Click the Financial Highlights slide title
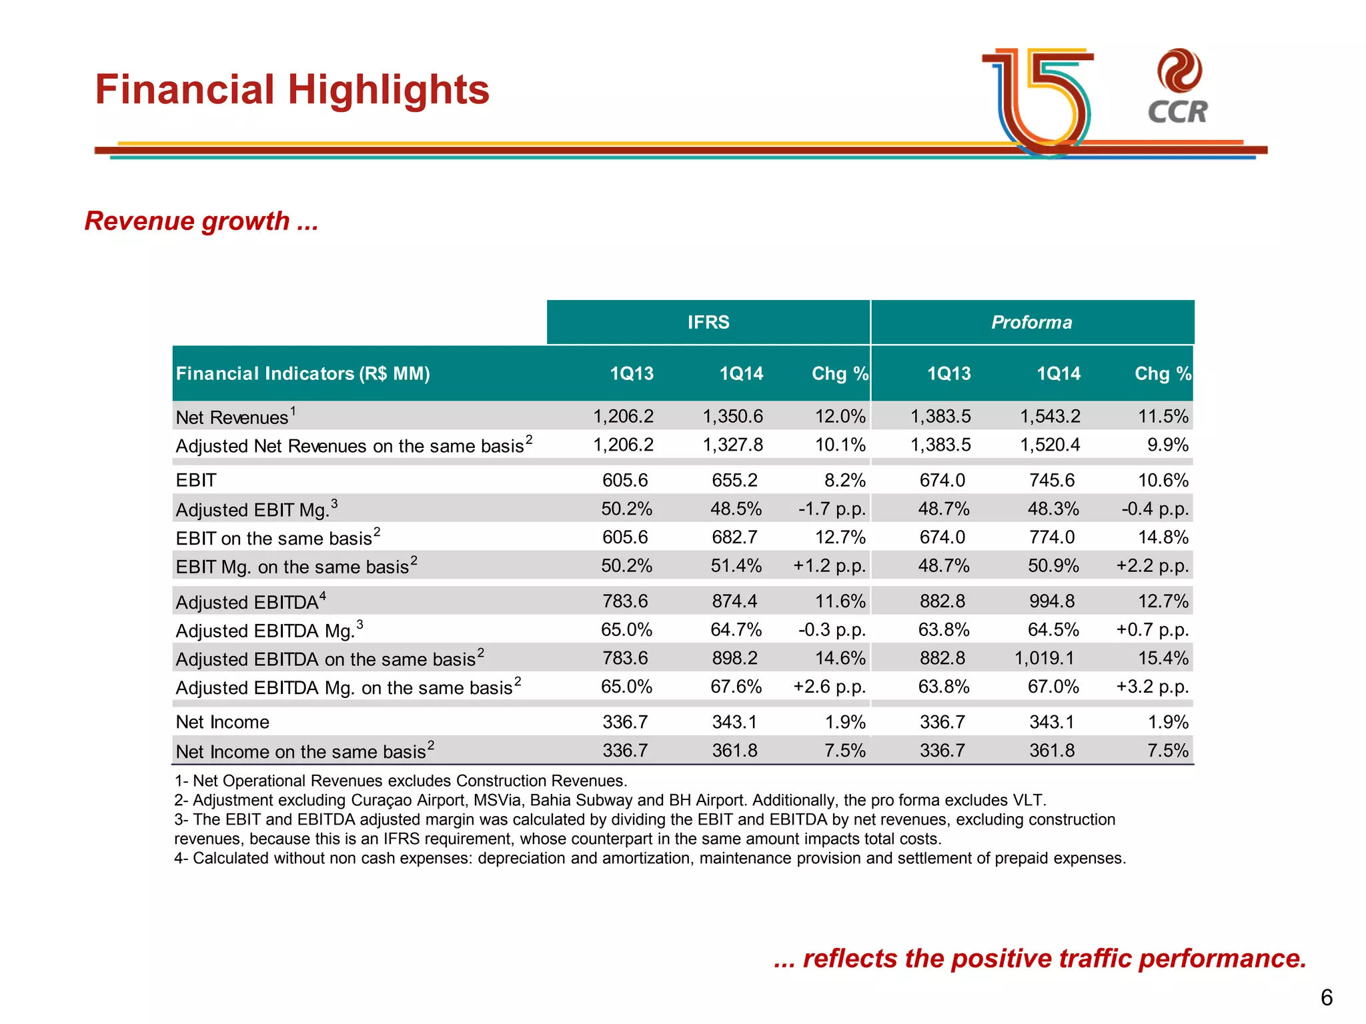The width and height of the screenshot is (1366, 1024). pos(292,90)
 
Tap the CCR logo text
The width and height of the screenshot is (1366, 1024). pos(1177,112)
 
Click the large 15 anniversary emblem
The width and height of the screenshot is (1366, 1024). pos(1044,100)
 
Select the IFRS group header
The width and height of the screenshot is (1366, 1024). pos(708,323)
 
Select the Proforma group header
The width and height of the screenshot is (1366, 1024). pos(1031,323)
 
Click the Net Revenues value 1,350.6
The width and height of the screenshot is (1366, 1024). pos(732,417)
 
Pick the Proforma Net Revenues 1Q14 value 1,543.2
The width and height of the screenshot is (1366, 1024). pos(1050,417)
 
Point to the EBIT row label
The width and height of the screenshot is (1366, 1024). pos(196,480)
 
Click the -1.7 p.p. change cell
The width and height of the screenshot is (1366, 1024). pos(832,509)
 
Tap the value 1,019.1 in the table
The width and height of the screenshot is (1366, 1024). pos(1044,659)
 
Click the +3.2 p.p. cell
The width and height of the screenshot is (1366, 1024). pos(1152,687)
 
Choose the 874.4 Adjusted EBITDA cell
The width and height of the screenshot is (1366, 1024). pos(734,601)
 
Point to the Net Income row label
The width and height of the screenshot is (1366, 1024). pos(223,722)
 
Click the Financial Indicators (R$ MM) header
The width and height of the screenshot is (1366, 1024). pos(303,373)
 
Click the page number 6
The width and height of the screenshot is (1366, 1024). pos(1326,997)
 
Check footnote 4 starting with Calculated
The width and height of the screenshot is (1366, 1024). pos(650,858)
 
